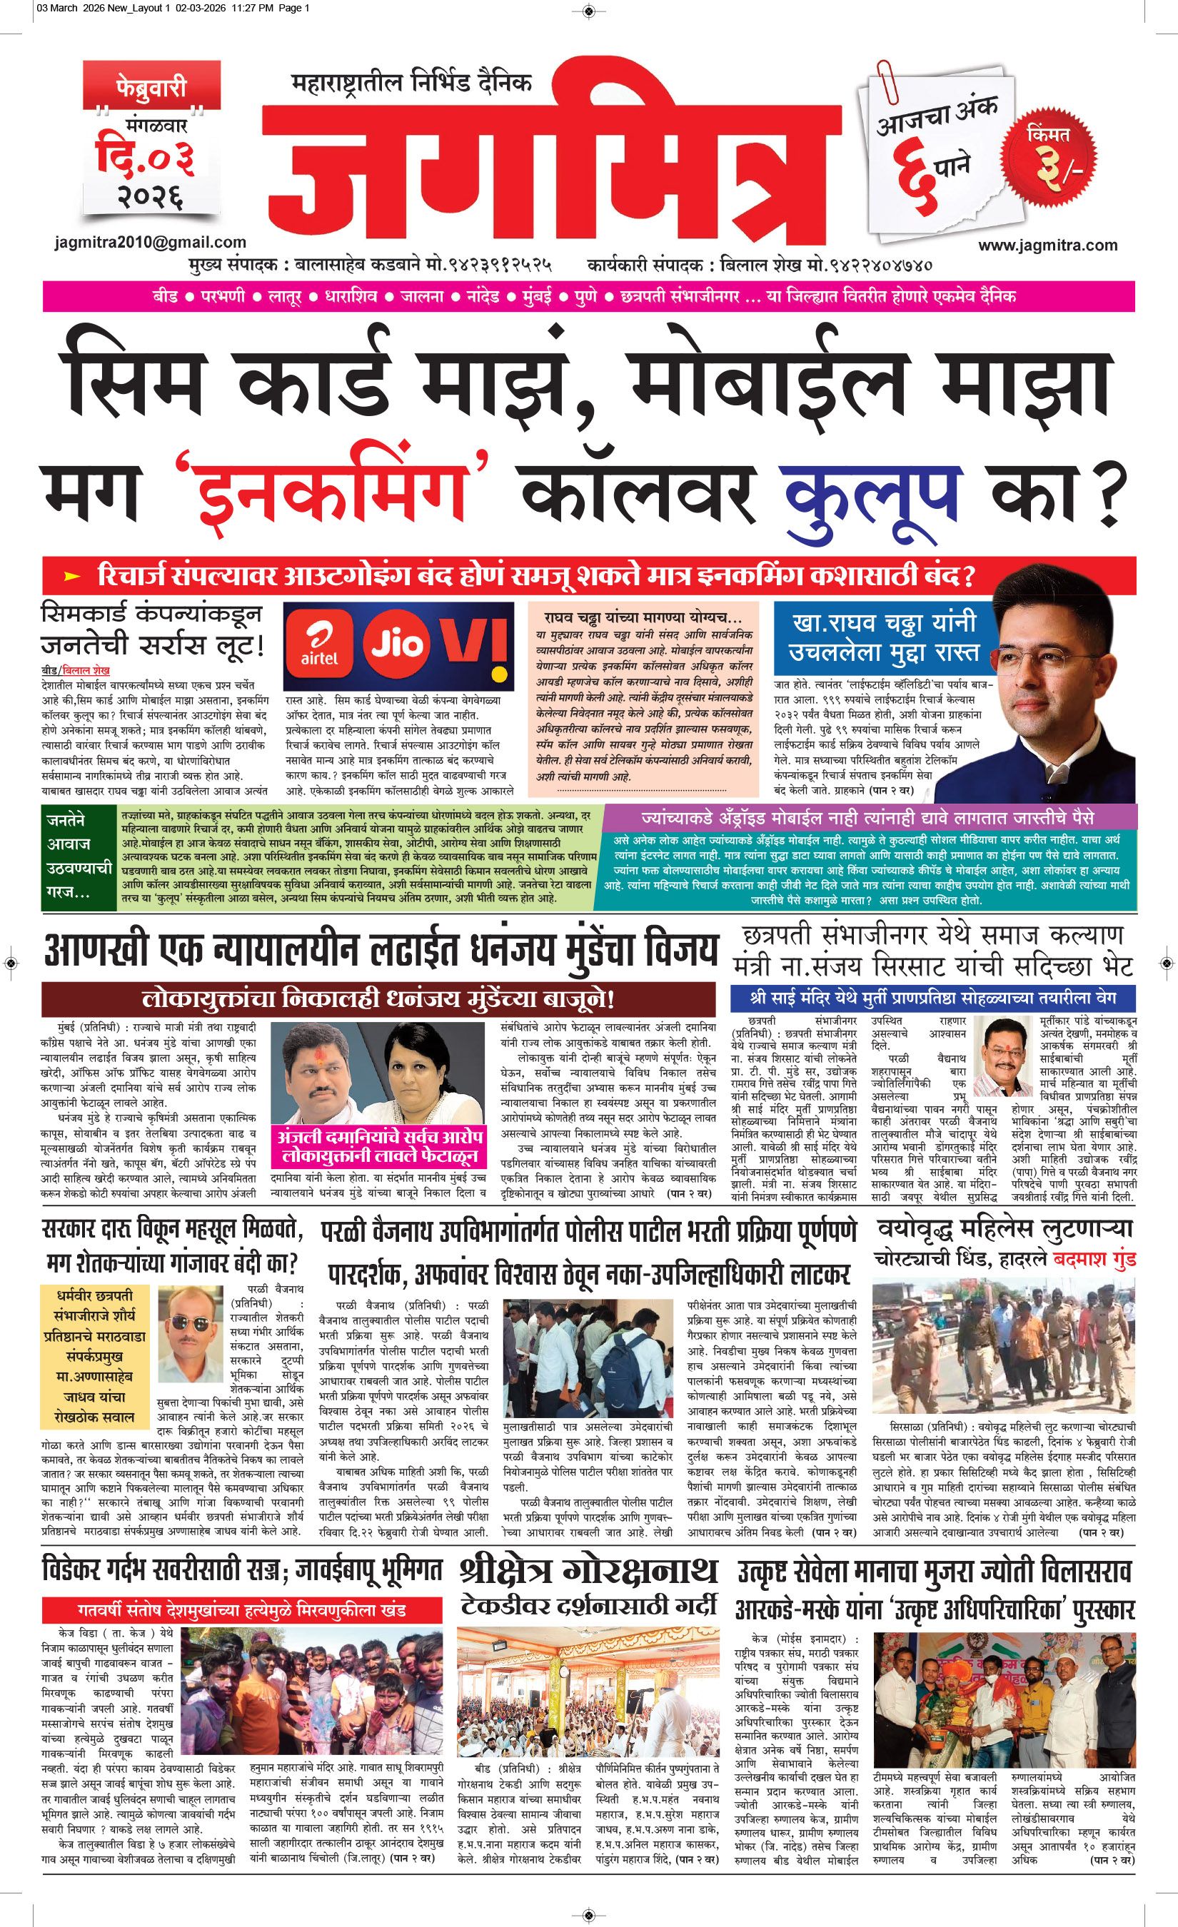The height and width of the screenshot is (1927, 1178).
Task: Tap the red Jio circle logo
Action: pos(396,644)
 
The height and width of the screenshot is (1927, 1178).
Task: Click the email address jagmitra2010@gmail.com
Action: pos(151,243)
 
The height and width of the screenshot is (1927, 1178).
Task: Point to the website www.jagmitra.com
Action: pos(1047,245)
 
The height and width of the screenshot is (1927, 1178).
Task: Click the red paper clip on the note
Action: pos(889,81)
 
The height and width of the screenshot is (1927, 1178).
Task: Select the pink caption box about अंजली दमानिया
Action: pos(377,1146)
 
